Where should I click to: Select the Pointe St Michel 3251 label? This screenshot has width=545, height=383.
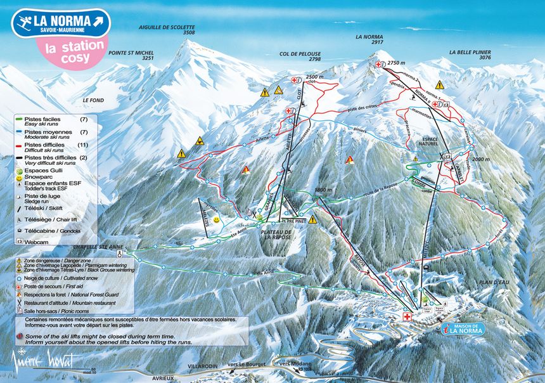click(131, 55)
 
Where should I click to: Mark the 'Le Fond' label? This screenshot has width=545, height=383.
click(93, 100)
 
